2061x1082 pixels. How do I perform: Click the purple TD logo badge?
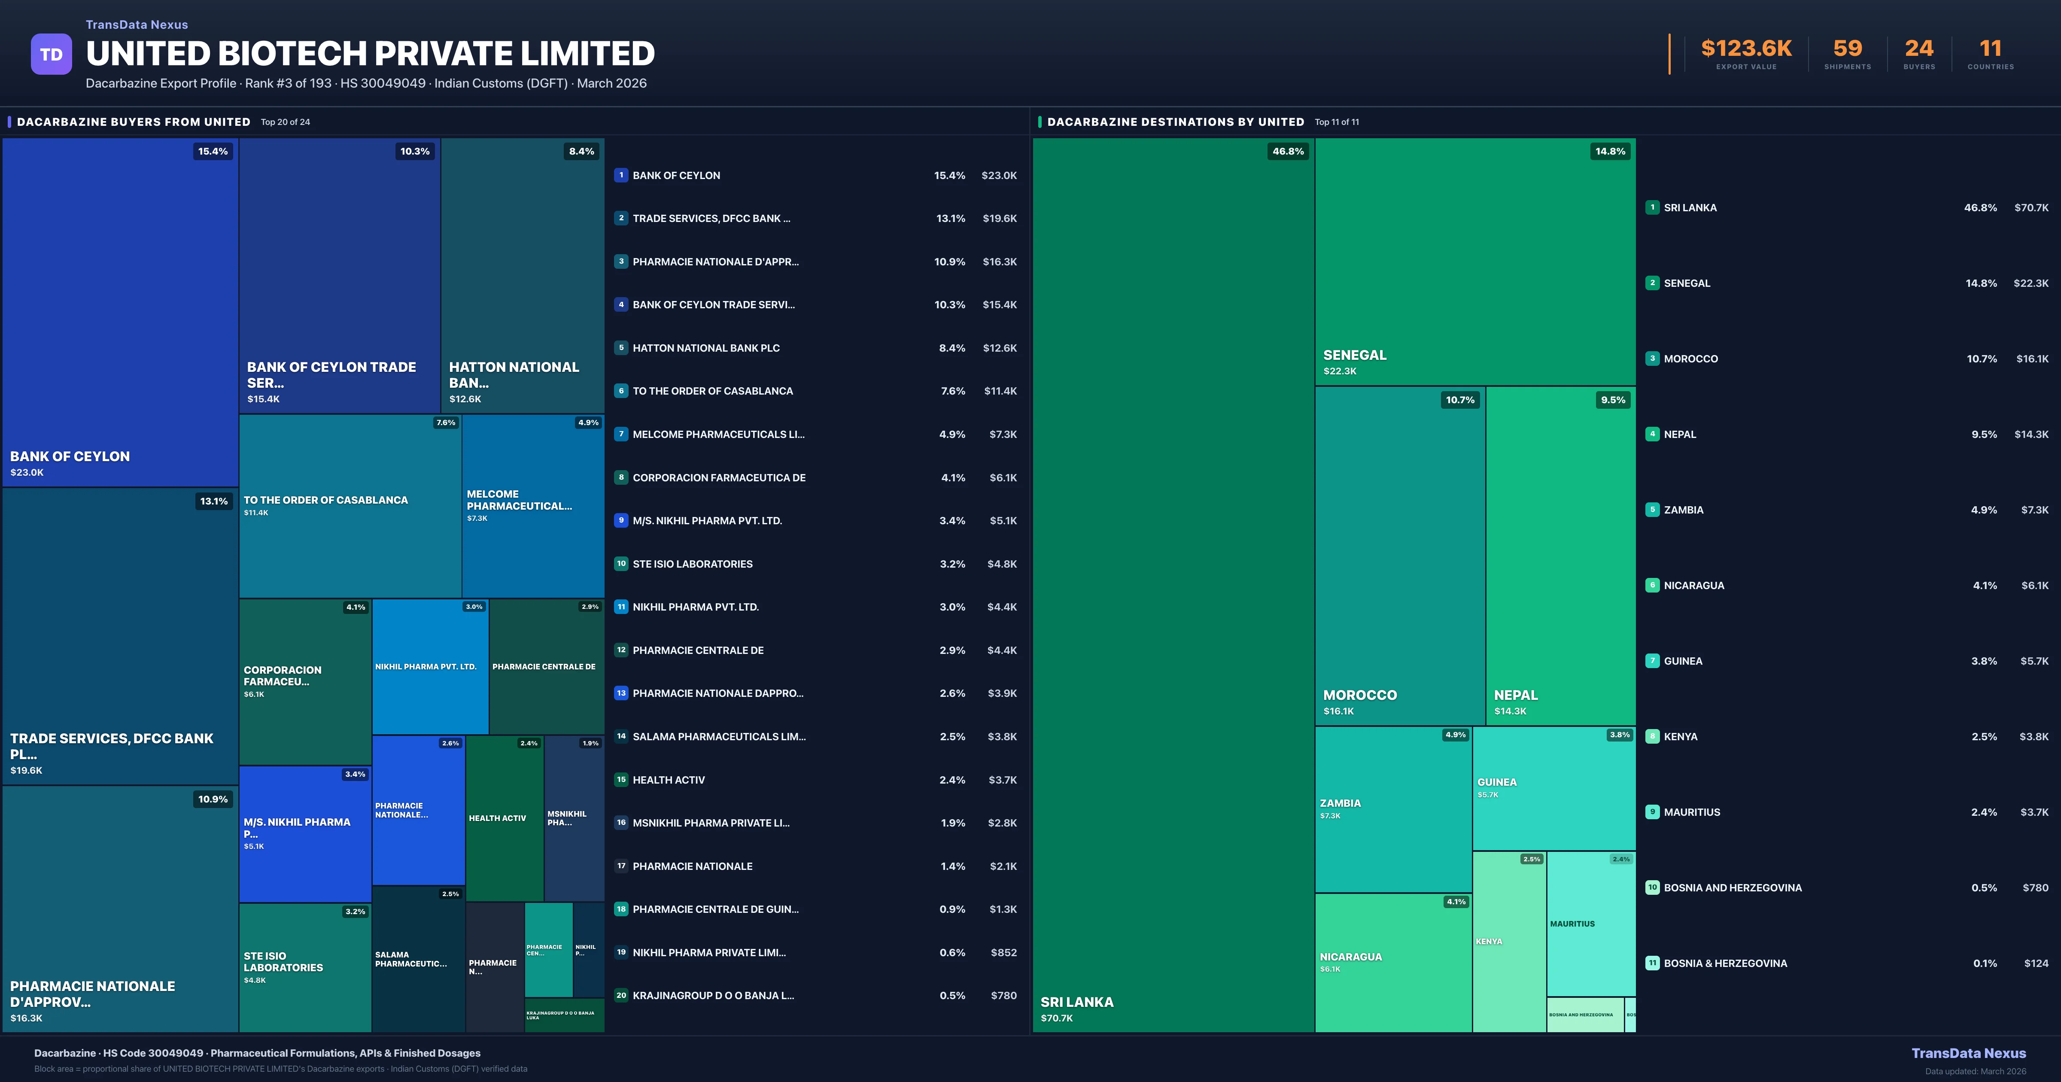coord(51,55)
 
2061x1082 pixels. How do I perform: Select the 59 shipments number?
coord(1847,49)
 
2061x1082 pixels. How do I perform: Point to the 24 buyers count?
coord(1918,49)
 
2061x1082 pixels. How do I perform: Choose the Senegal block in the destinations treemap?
coord(1474,261)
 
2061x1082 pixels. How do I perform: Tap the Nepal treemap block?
coord(1560,556)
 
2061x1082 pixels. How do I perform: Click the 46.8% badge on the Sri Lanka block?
coord(1287,151)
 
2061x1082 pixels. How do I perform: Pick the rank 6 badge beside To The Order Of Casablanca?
coord(621,391)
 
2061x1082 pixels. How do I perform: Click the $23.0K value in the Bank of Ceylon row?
coord(998,175)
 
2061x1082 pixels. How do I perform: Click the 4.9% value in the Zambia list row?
coord(1983,510)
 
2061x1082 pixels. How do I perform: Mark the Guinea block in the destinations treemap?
coord(1553,788)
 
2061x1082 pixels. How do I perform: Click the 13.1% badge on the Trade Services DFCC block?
coord(214,501)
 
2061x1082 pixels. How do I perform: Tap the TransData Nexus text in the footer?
coord(1968,1053)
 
